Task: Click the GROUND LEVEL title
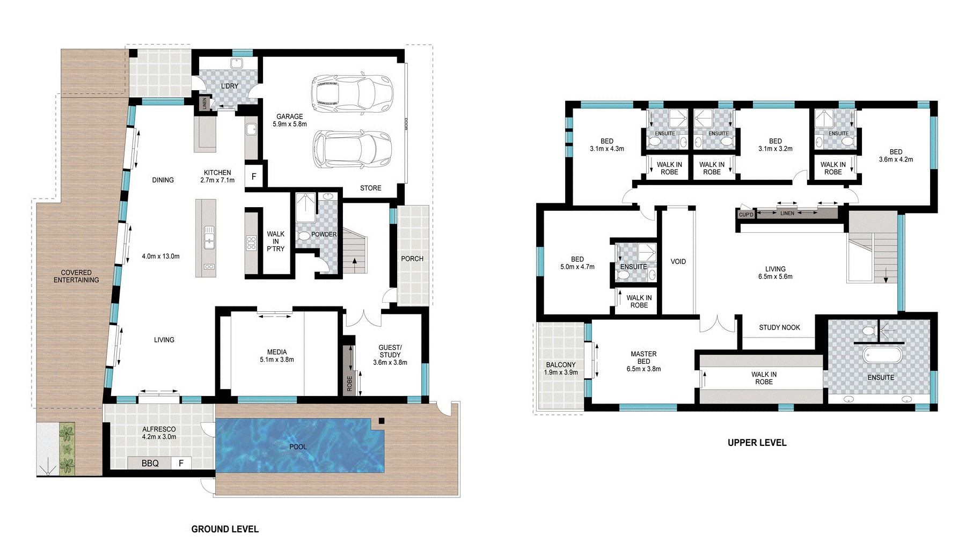click(x=225, y=529)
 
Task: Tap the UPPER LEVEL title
click(x=757, y=443)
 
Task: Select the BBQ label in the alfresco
click(x=150, y=463)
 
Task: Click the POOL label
click(x=298, y=446)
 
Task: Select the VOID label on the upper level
click(x=678, y=261)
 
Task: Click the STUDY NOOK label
click(x=779, y=327)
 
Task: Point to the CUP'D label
click(x=746, y=215)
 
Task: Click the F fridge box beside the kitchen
click(x=254, y=177)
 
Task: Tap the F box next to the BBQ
click(x=181, y=463)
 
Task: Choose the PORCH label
click(x=412, y=259)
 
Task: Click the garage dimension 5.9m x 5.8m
click(x=290, y=124)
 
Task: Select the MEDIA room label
click(x=277, y=352)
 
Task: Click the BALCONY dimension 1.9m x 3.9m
click(x=561, y=372)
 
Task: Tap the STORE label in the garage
click(x=371, y=188)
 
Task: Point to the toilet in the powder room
click(x=304, y=235)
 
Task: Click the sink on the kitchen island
click(x=208, y=237)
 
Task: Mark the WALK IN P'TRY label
click(x=276, y=241)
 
